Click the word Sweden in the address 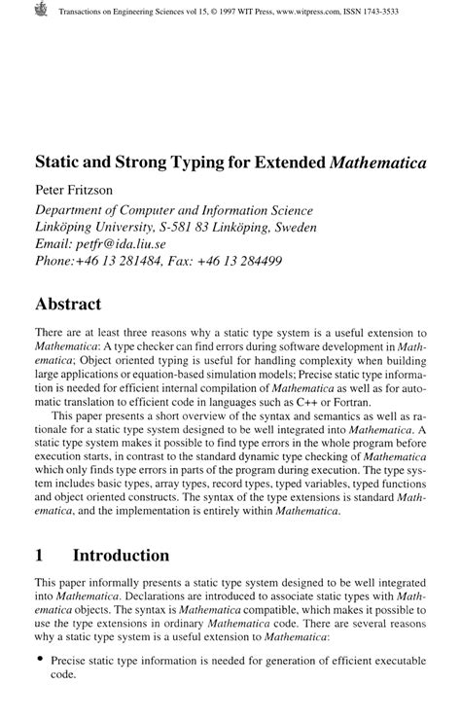(318, 230)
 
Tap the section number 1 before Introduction (40, 557)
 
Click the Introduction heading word (121, 557)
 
